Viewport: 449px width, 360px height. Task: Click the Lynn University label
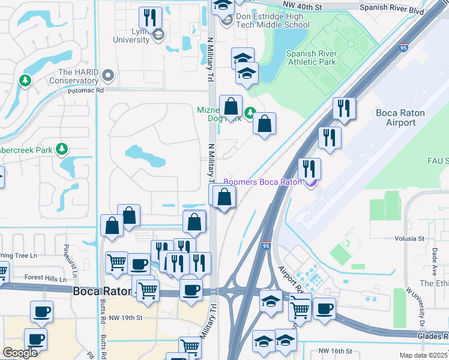click(131, 35)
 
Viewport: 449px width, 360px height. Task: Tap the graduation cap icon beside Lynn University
click(158, 35)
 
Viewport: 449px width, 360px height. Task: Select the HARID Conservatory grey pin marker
click(108, 76)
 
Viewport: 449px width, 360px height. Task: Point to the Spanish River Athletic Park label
click(312, 58)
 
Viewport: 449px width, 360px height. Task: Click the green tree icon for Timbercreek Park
click(61, 148)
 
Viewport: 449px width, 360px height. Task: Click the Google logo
click(20, 353)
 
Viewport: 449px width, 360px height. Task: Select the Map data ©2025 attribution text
click(423, 355)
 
